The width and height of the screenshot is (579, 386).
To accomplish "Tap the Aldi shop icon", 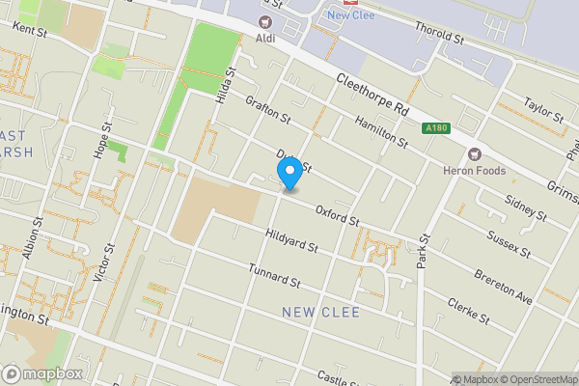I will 264,22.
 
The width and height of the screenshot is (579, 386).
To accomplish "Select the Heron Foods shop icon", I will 474,153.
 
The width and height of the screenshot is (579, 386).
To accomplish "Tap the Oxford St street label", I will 336,215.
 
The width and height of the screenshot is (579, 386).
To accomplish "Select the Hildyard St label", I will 291,240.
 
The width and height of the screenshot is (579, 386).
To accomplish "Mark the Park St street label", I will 423,249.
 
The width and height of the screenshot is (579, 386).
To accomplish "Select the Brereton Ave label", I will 503,288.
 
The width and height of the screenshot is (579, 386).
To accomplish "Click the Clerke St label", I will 469,310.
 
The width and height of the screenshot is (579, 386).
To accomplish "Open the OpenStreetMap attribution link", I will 535,378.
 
